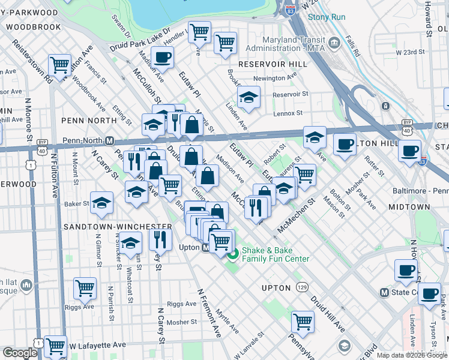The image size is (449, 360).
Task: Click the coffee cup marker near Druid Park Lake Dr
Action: pyautogui.click(x=162, y=58)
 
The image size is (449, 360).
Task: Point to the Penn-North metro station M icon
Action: pyautogui.click(x=110, y=141)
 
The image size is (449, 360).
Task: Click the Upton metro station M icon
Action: pyautogui.click(x=205, y=247)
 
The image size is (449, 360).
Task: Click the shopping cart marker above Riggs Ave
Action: pyautogui.click(x=85, y=288)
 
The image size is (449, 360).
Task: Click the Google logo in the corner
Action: pyautogui.click(x=20, y=353)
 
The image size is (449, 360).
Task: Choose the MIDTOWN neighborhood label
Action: pyautogui.click(x=409, y=206)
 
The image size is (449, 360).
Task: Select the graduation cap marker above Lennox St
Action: pyautogui.click(x=248, y=97)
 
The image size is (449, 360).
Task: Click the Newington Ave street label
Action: pyautogui.click(x=275, y=77)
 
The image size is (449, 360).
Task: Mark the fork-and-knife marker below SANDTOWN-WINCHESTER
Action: pyautogui.click(x=160, y=239)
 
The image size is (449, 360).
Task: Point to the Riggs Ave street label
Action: pyautogui.click(x=181, y=304)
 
